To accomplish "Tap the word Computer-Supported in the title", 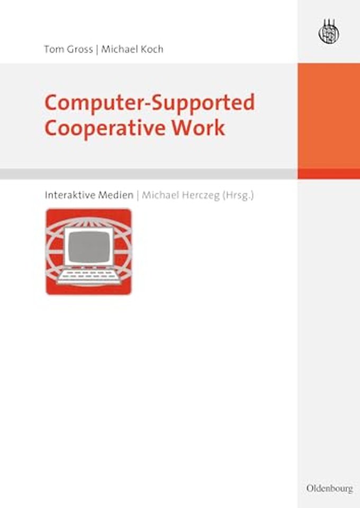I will pyautogui.click(x=149, y=103).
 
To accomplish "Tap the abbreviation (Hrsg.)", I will pyautogui.click(x=238, y=194).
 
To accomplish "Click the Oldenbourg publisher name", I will pyautogui.click(x=329, y=488).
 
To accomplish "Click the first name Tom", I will pyautogui.click(x=53, y=50).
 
